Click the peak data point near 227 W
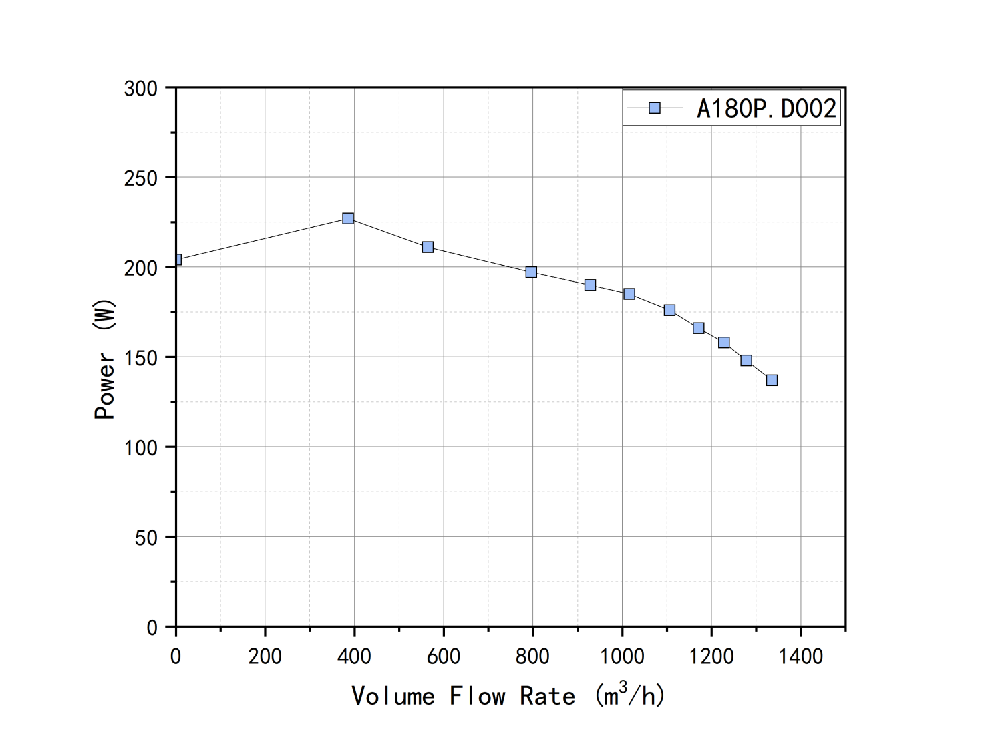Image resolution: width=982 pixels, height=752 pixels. point(348,218)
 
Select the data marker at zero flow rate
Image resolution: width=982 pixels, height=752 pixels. point(176,259)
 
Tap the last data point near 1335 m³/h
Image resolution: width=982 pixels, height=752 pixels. point(772,380)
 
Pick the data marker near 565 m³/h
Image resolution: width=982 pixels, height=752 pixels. point(428,247)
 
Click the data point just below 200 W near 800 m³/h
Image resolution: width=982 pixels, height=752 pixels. point(531,272)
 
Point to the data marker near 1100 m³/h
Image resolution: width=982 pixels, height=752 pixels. point(669,310)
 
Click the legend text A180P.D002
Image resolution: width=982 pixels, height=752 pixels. point(766,108)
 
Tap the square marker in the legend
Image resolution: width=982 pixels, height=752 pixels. point(655,108)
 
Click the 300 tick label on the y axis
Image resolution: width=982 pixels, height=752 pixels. point(140,89)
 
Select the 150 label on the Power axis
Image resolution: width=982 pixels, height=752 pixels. point(140,358)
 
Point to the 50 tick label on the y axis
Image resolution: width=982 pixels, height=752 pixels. point(146,538)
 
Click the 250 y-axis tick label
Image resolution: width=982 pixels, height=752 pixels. point(140,178)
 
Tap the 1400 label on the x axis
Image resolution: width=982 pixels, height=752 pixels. point(800,656)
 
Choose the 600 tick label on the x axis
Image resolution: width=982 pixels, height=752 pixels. point(444,656)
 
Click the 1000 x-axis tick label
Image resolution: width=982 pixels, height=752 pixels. point(622,656)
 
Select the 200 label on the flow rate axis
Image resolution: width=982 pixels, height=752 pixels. point(265,656)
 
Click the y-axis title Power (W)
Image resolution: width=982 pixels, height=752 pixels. point(104,359)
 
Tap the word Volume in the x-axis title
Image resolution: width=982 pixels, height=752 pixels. point(393,696)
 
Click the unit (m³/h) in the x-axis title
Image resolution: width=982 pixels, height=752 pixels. point(629,695)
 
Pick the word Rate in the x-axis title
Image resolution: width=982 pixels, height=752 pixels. point(547,696)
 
